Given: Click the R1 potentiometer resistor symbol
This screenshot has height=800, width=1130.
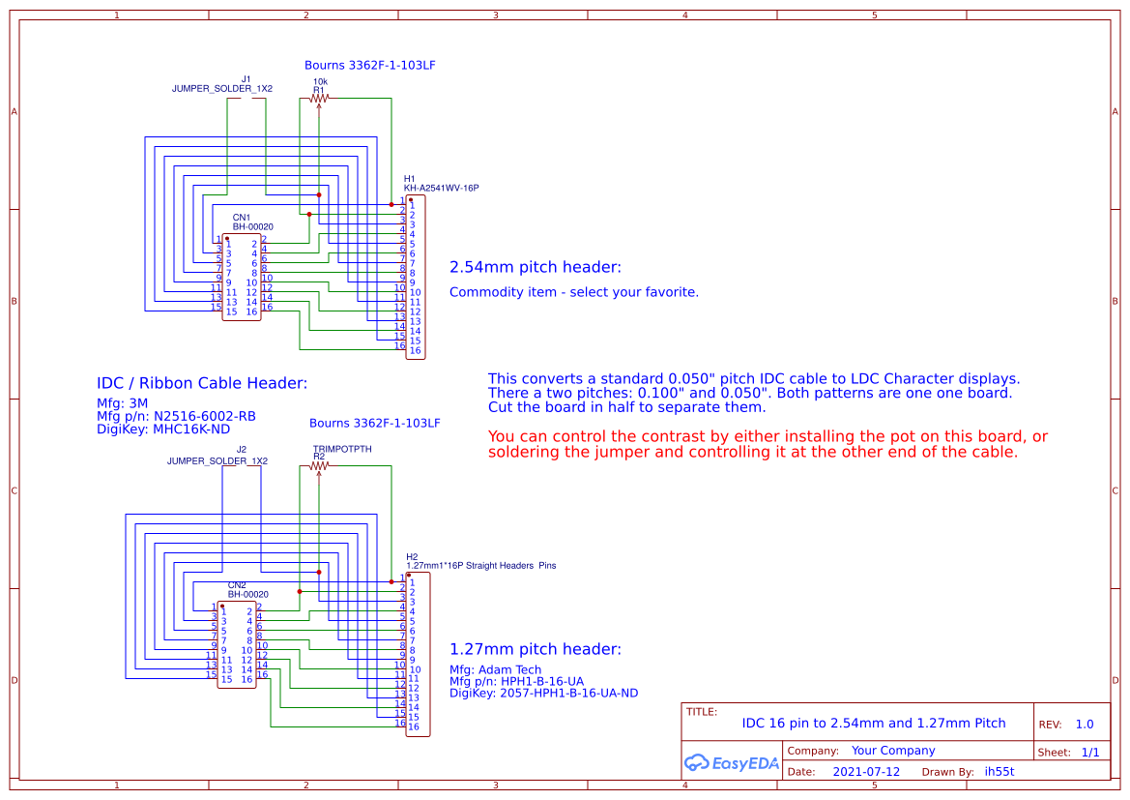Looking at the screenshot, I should [x=319, y=98].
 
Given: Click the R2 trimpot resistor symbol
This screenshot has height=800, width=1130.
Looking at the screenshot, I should [x=319, y=465].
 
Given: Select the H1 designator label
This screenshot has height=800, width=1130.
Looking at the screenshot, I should [x=409, y=179].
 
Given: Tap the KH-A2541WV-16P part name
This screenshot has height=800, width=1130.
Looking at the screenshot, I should [x=441, y=189].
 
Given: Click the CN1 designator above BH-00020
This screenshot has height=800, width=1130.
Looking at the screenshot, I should [x=241, y=218].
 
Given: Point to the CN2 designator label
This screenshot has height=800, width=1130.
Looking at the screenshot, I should [x=237, y=585].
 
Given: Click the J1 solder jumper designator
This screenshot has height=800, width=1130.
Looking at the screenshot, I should [x=246, y=79].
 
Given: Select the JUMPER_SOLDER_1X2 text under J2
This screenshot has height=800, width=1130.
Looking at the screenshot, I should [x=217, y=461].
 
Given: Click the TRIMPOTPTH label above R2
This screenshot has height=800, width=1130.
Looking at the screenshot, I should [x=342, y=450].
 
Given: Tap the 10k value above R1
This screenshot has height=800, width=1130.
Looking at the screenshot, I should [x=320, y=82].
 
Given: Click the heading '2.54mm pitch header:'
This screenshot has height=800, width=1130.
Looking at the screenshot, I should [x=536, y=267].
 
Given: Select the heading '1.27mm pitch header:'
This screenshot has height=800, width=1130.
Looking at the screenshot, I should [x=536, y=649].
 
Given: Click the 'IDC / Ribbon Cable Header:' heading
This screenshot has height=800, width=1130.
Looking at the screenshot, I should [x=202, y=383].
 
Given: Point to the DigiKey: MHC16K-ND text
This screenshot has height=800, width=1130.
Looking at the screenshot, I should [x=163, y=430].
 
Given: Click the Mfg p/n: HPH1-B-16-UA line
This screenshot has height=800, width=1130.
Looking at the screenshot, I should [x=517, y=681].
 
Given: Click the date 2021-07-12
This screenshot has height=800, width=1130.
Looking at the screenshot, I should [x=866, y=772].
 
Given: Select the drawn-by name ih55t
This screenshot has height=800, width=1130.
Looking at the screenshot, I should [x=999, y=772].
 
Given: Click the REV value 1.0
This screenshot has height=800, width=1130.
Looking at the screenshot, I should [x=1085, y=725].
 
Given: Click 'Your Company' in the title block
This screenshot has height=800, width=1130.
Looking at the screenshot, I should [x=893, y=751].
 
